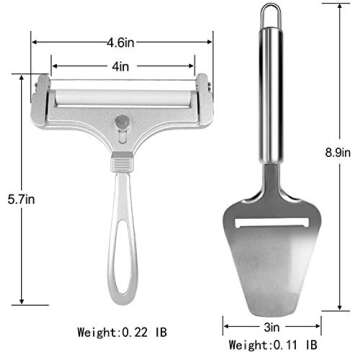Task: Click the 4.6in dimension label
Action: [121, 43]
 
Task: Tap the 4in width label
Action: [121, 66]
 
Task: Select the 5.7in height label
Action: [21, 200]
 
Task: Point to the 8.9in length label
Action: [338, 153]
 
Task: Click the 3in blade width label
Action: [272, 327]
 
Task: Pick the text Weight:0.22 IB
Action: [122, 332]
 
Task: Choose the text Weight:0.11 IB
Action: [273, 345]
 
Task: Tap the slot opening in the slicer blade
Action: [271, 222]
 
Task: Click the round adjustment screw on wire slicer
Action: [122, 121]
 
